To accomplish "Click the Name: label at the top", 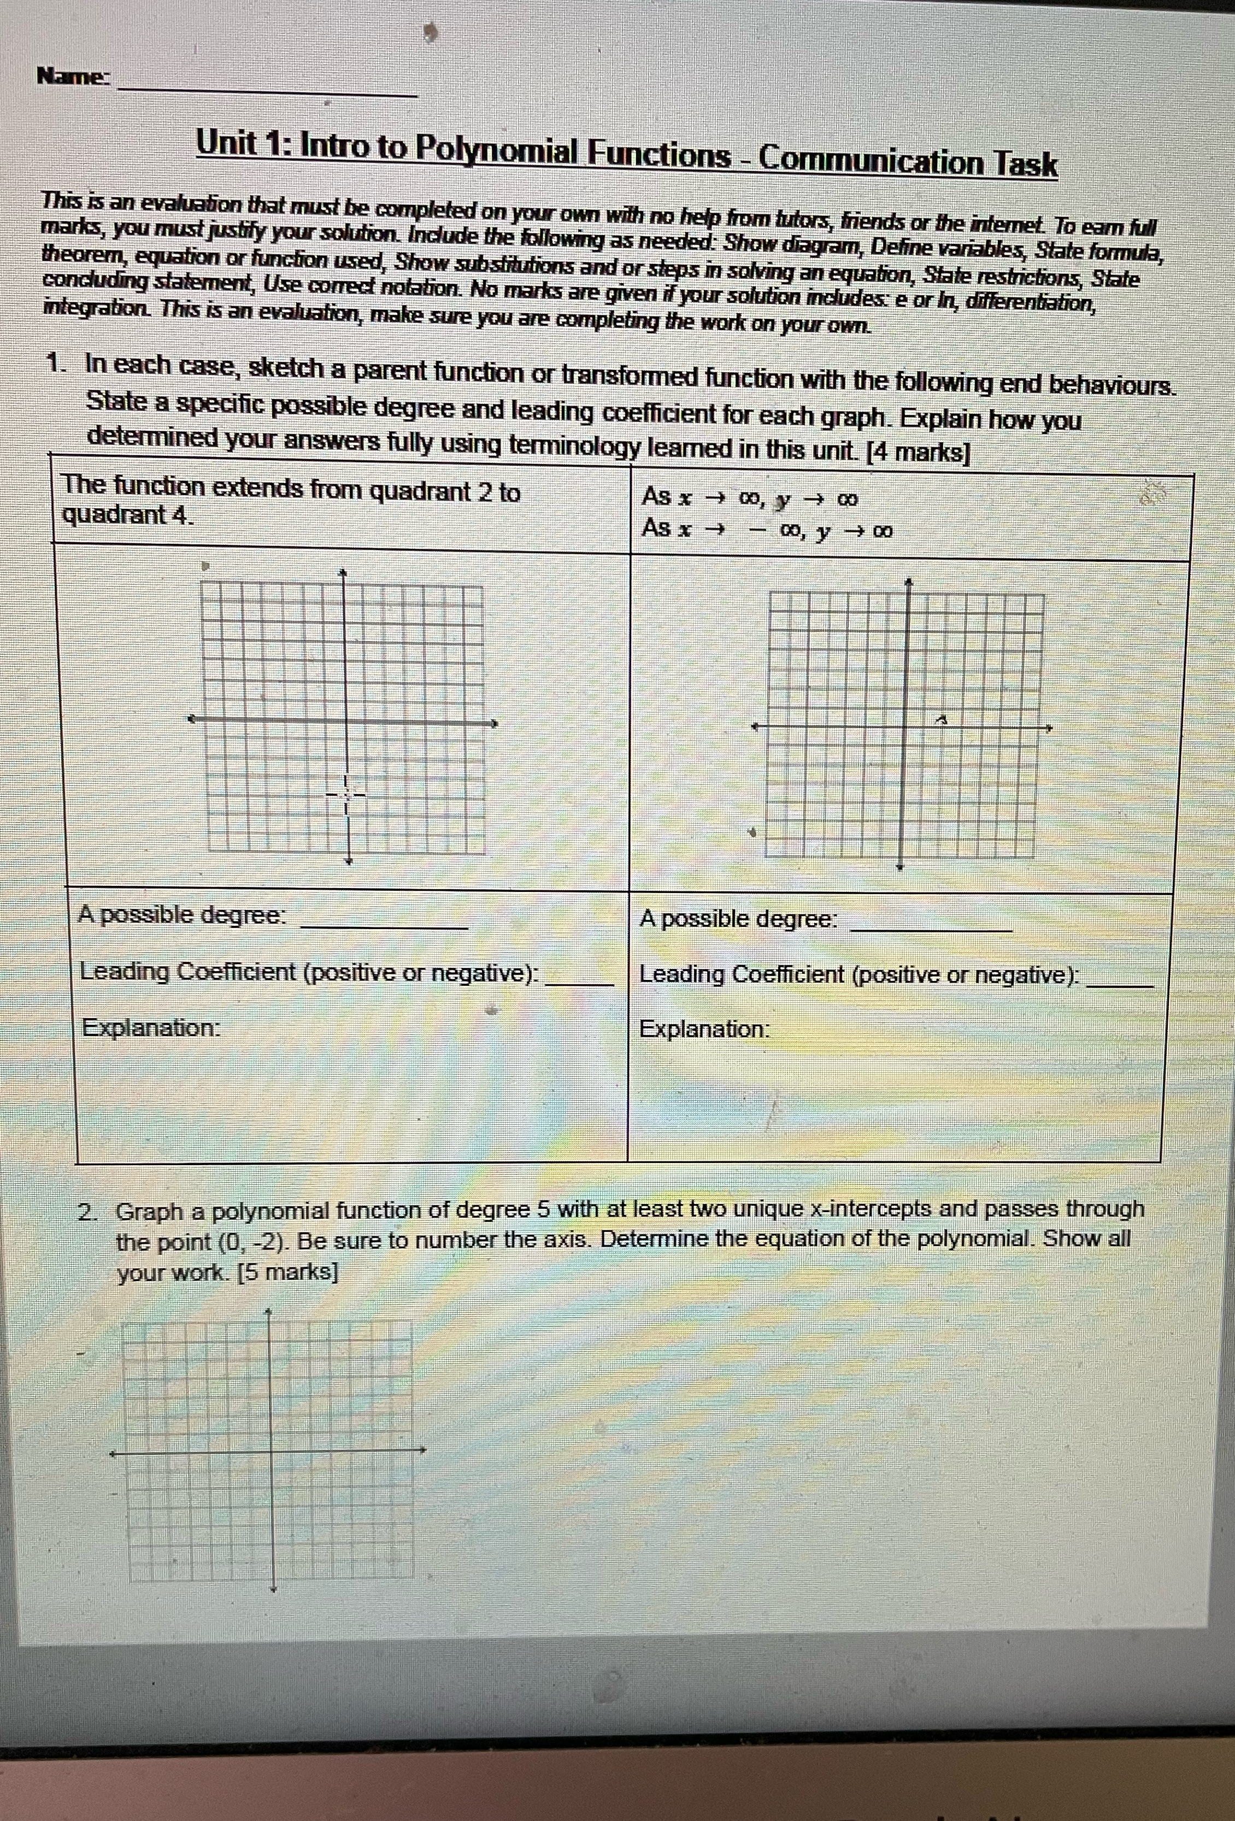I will pos(74,77).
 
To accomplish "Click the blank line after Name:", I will pos(267,92).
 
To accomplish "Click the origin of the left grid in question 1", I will pos(345,721).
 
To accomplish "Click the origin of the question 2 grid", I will pos(270,1451).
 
